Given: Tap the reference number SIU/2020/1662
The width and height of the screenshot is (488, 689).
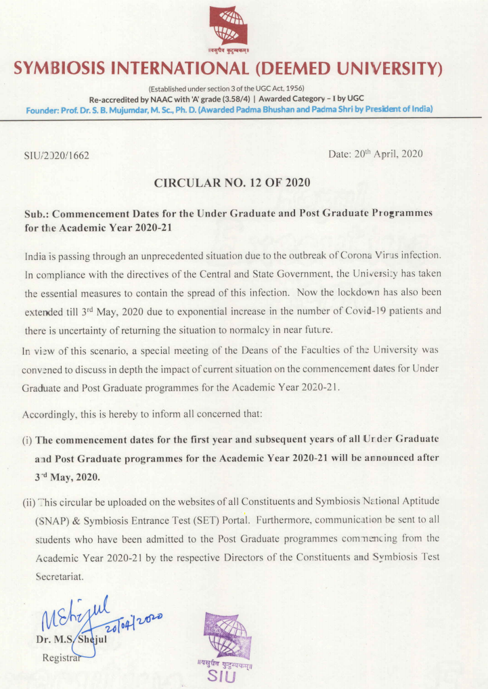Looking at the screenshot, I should (x=56, y=156).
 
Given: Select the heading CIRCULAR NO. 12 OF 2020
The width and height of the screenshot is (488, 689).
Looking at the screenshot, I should (x=232, y=182).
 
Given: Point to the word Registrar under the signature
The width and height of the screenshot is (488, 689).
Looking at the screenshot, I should (x=60, y=657).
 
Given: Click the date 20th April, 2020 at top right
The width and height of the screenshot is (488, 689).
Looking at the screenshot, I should (x=375, y=154).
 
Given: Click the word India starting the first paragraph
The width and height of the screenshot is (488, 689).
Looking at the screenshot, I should (x=33, y=255).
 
